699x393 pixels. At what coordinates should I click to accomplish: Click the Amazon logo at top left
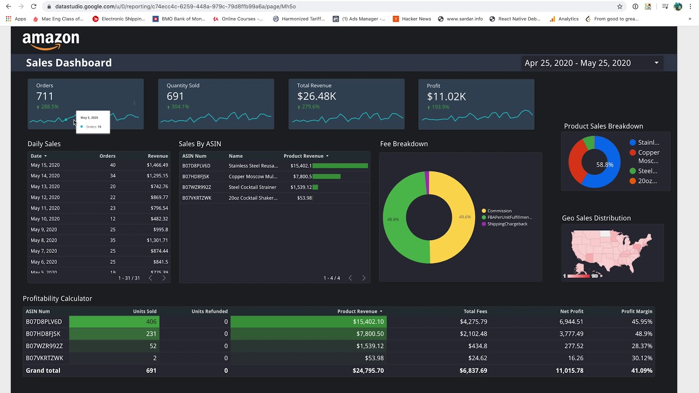coord(51,41)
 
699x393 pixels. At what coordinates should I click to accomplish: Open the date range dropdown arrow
coord(656,63)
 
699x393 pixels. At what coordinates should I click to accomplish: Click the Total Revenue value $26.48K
coord(316,97)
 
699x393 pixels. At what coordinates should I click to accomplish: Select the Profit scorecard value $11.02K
coord(446,97)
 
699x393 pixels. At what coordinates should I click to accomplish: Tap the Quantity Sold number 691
coord(175,97)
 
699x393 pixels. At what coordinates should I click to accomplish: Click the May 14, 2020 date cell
coord(45,176)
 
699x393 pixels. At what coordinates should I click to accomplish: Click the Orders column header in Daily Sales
coord(107,156)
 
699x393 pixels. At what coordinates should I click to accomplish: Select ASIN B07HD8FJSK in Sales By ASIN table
coord(196,176)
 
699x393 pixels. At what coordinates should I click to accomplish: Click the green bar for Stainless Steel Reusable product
coord(340,165)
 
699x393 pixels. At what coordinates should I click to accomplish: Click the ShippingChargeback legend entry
coord(507,224)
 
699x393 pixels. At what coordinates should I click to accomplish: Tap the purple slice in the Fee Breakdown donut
coord(427,182)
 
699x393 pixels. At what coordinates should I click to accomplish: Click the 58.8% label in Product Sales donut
coord(605,164)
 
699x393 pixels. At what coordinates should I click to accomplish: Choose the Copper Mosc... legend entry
coord(648,157)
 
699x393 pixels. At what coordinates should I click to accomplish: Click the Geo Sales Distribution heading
coord(596,218)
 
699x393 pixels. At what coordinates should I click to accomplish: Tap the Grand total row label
coord(43,370)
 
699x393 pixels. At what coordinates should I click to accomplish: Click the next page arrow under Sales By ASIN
coord(364,278)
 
